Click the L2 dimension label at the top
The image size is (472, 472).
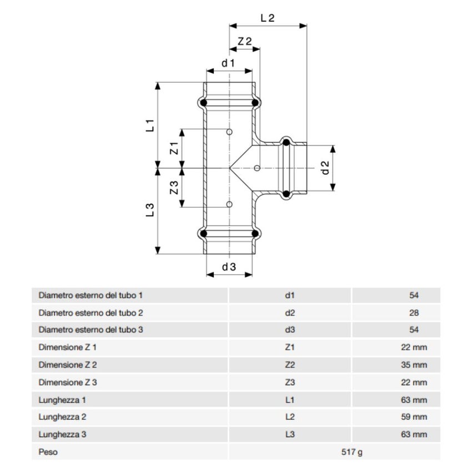tap(268, 18)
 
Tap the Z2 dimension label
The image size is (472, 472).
tap(245, 42)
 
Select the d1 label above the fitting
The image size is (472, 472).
tap(229, 63)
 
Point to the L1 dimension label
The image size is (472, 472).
tap(150, 125)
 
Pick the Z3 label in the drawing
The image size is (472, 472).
tap(174, 187)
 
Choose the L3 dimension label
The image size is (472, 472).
tap(150, 210)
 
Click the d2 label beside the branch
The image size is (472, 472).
tap(326, 168)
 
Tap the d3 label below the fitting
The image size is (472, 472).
tap(229, 267)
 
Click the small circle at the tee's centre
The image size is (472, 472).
tap(257, 168)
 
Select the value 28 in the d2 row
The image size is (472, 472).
tap(414, 313)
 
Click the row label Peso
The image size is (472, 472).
tap(48, 452)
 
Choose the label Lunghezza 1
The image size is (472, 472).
tap(63, 400)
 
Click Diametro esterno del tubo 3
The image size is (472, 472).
tap(91, 330)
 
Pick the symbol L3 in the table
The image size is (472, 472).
tap(289, 434)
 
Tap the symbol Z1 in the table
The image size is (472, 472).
tap(289, 348)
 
